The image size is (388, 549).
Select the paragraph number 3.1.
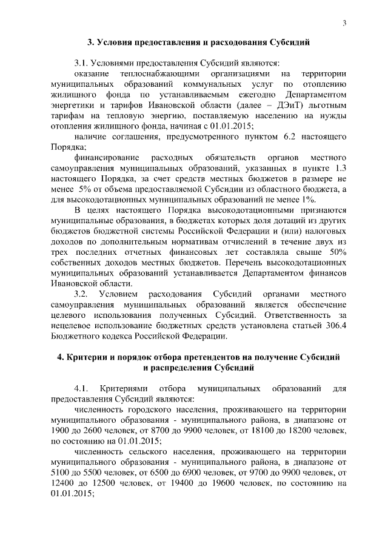coord(82,62)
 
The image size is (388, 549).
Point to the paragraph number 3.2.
coord(82,294)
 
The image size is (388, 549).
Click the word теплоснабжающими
coord(149,73)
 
